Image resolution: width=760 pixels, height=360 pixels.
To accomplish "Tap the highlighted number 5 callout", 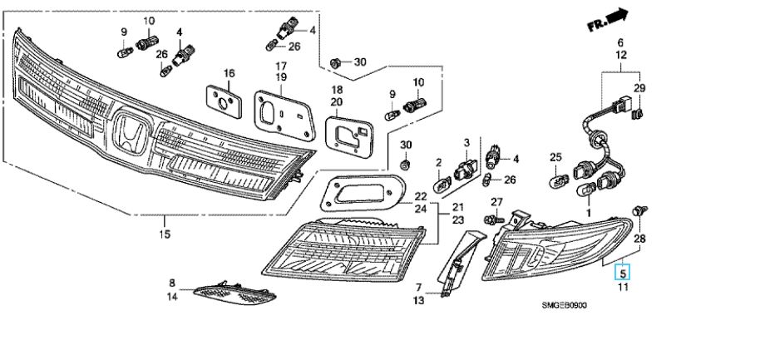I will [622, 271].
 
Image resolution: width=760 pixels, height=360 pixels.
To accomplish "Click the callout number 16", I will [229, 74].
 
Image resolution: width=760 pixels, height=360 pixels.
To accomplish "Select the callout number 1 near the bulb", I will [590, 213].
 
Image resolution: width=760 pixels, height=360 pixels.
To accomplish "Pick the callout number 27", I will [497, 202].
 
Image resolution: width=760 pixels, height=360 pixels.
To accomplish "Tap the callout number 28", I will [640, 239].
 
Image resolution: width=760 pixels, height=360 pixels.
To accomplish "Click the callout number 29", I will [639, 89].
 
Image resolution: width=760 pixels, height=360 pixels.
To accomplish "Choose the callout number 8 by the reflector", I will [172, 283].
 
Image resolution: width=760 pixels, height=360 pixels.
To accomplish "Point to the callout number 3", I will [467, 143].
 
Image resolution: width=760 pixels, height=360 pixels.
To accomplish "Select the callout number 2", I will [438, 161].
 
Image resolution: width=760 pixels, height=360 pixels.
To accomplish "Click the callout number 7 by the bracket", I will [419, 288].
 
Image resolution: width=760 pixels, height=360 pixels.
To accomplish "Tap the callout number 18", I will [338, 89].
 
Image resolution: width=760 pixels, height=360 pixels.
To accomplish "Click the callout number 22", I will [422, 197].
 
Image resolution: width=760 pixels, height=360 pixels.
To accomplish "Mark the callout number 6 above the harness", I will [619, 43].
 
